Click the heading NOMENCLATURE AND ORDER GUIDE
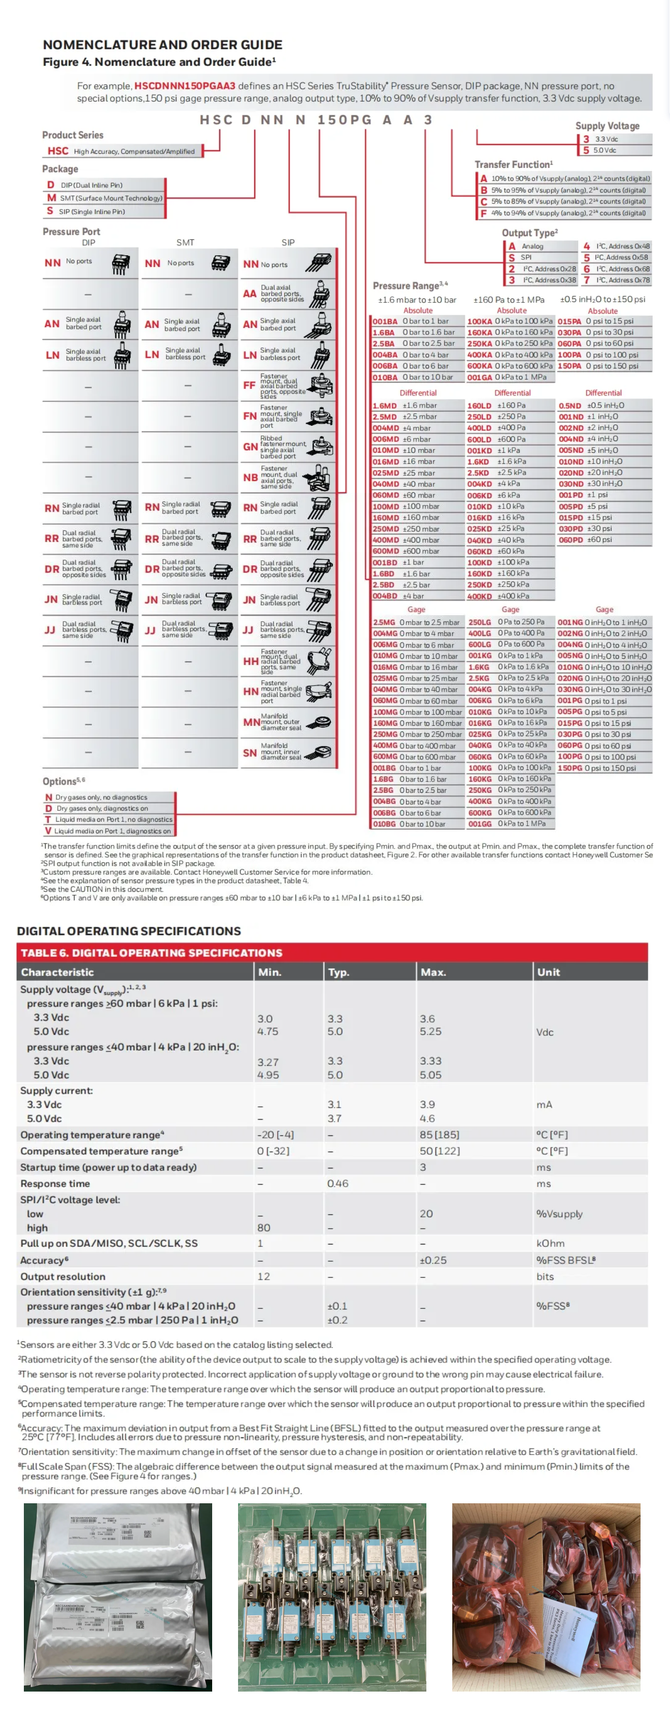[162, 45]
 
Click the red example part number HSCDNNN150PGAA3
[184, 86]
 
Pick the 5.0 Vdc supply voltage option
[605, 150]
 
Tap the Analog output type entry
[532, 246]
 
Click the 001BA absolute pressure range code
[385, 321]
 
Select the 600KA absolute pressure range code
[479, 366]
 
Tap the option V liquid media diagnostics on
[108, 831]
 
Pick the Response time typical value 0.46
[338, 1183]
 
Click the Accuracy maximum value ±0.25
[433, 1260]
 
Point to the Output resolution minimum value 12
[264, 1276]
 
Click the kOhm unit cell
[550, 1243]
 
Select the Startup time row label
[108, 1167]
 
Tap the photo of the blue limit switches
[332, 1597]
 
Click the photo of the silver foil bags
[118, 1597]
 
